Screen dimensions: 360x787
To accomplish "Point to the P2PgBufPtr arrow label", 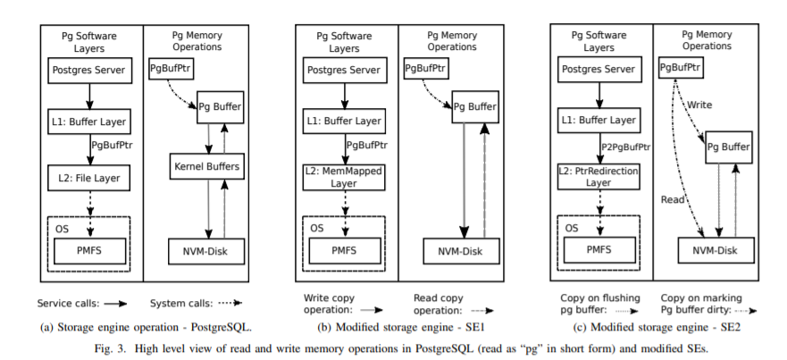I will click(626, 147).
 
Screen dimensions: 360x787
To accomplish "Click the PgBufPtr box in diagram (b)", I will click(425, 67).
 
